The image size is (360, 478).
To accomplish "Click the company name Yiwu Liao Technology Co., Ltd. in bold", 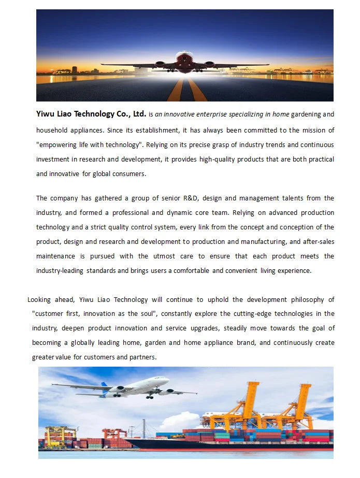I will pos(91,114).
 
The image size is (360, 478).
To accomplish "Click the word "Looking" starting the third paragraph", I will pos(40,299).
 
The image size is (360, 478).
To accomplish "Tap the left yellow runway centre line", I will pos(176,91).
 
